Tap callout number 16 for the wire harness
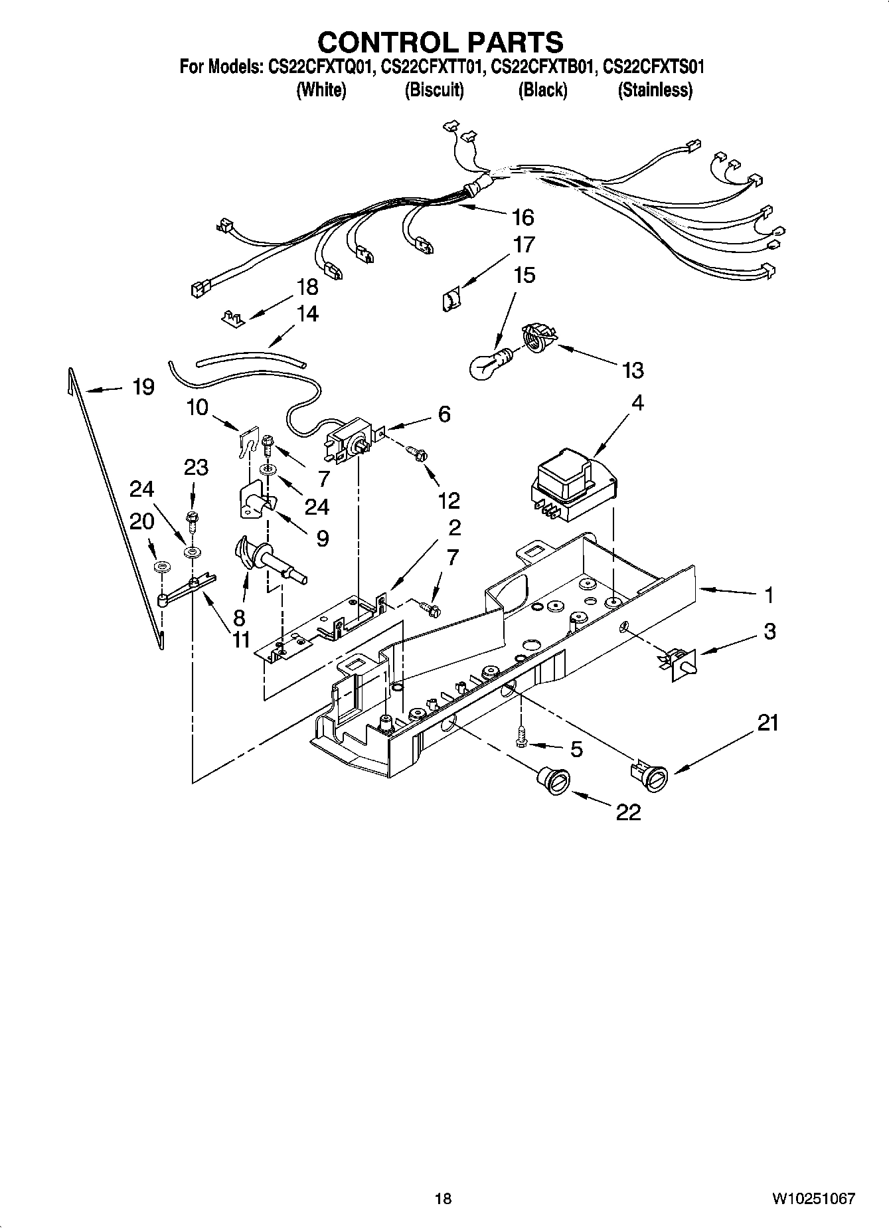(523, 217)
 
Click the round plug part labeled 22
(552, 778)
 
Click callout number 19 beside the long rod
(143, 387)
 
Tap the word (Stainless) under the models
(655, 90)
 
